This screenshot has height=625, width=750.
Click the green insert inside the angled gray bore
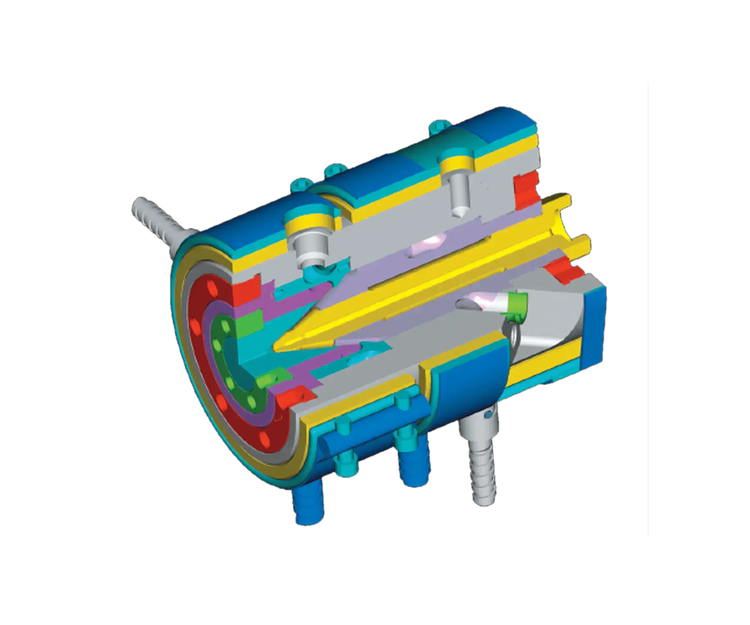click(517, 302)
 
